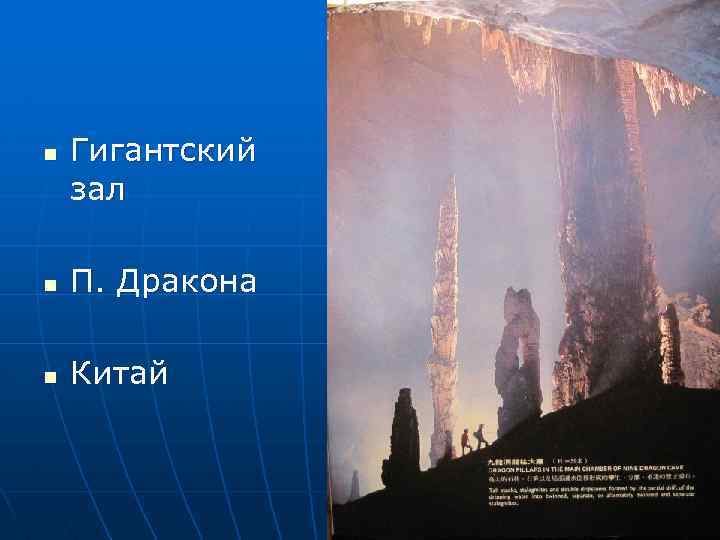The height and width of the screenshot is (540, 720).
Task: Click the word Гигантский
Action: (x=163, y=153)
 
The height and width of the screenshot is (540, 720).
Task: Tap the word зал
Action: (x=98, y=190)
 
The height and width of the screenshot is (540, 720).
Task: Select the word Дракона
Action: (x=186, y=282)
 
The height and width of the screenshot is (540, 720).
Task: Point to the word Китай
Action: (x=118, y=374)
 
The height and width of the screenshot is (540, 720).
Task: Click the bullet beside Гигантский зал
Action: (x=49, y=156)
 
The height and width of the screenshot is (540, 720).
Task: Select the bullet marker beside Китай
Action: (x=49, y=377)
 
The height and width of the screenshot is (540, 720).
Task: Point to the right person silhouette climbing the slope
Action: (x=481, y=436)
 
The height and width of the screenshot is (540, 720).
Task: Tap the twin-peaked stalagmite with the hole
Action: (x=519, y=360)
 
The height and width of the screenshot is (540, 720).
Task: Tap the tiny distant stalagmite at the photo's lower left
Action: (x=354, y=486)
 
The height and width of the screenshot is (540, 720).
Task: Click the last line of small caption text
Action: (x=511, y=503)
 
